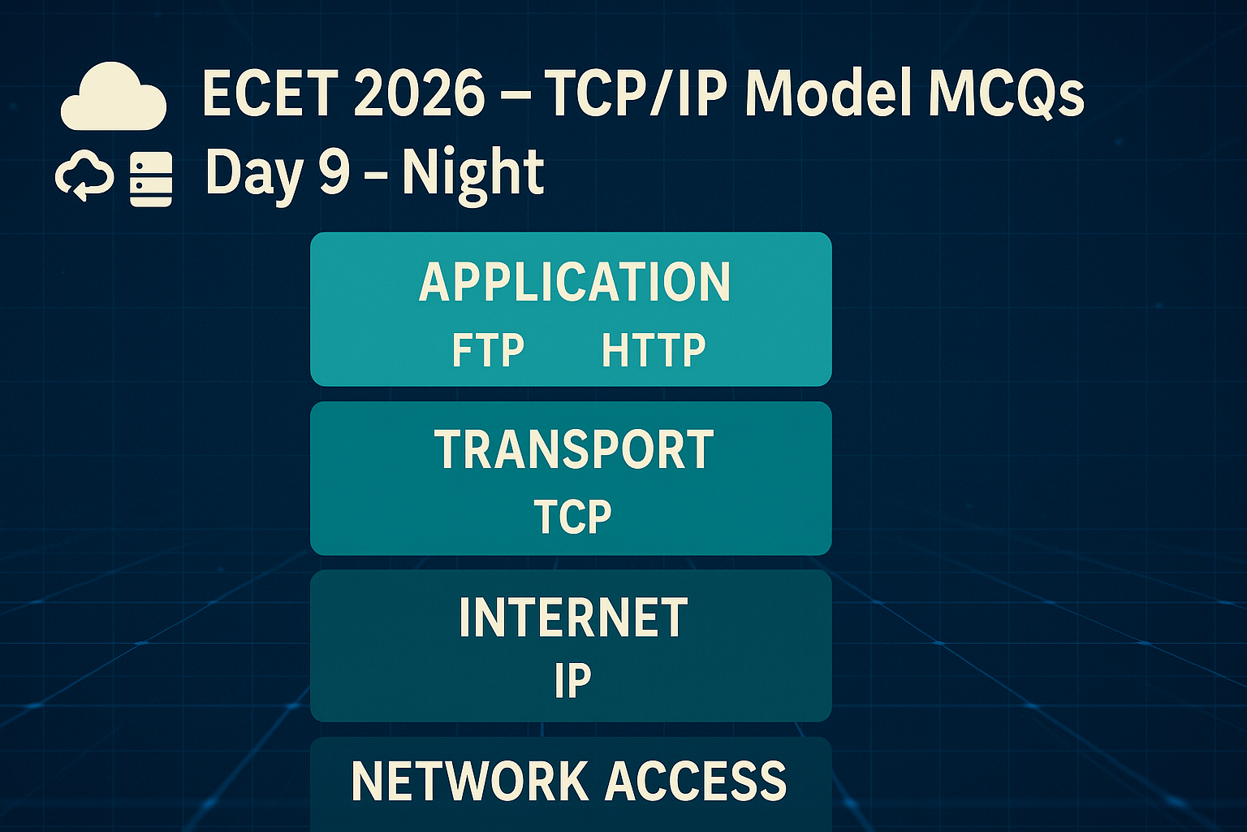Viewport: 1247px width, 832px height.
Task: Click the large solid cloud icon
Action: (x=114, y=97)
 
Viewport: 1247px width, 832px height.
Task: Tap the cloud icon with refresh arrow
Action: (x=84, y=175)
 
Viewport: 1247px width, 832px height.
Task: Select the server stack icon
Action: (x=151, y=179)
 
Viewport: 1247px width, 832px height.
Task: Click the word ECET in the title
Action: (x=270, y=93)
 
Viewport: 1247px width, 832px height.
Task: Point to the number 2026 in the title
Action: (x=420, y=93)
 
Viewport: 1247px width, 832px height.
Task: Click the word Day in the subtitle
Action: (x=255, y=174)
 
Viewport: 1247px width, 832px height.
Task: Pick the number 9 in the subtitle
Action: (x=334, y=171)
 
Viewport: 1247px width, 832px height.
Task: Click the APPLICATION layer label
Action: (x=574, y=282)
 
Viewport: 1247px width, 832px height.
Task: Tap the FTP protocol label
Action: (x=488, y=350)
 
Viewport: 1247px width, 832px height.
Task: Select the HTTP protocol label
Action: (x=654, y=350)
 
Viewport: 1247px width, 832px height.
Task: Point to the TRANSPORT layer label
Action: (x=574, y=449)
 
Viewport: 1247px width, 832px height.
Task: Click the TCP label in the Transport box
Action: (x=573, y=517)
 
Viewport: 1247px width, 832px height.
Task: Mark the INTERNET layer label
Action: (x=573, y=617)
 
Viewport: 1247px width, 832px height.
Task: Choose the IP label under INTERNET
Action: (x=572, y=680)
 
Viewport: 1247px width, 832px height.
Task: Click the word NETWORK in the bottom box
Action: (x=470, y=782)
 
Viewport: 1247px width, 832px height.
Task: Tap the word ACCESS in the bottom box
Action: (x=696, y=782)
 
